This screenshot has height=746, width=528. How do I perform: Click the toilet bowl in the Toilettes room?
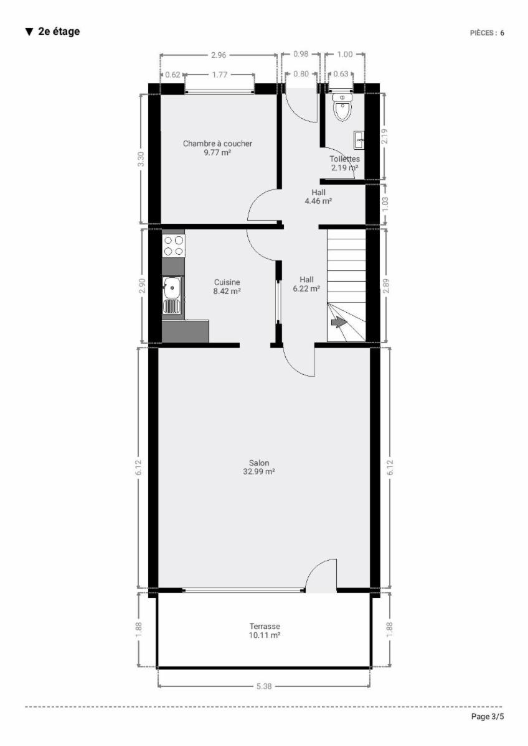(342, 107)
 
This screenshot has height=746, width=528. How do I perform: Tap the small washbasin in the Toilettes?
(359, 140)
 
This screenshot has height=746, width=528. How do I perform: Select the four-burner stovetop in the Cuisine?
(174, 246)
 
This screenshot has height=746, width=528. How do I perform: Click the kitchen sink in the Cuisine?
(172, 295)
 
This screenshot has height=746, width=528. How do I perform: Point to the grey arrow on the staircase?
(339, 322)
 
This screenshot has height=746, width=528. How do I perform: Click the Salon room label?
(259, 463)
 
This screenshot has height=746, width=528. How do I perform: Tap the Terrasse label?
(265, 627)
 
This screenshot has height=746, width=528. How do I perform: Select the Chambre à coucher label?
(217, 144)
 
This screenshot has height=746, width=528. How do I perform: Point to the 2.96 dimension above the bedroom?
(219, 55)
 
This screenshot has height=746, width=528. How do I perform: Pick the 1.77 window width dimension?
(220, 75)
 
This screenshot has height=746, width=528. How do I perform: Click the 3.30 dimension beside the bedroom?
(141, 159)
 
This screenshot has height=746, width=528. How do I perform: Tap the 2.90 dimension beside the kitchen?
(141, 286)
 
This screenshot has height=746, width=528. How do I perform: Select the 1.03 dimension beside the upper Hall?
(385, 204)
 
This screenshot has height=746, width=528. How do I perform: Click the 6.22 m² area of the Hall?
(306, 288)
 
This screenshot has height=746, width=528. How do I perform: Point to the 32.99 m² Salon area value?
(259, 472)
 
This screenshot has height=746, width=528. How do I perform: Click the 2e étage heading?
(53, 32)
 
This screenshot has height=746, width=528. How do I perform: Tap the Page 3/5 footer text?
(488, 716)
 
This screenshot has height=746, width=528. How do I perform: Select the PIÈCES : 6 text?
(487, 32)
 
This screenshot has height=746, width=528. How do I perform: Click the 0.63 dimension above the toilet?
(341, 74)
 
